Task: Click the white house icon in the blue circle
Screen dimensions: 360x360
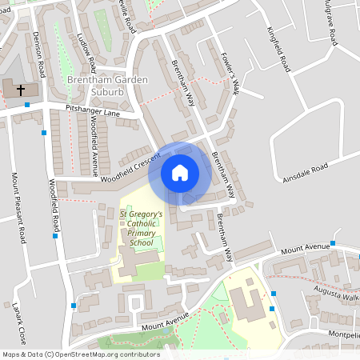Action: (180, 173)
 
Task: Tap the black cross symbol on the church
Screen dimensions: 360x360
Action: (20, 90)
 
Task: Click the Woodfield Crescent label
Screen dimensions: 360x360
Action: (126, 166)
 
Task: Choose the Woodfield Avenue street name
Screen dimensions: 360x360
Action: (94, 145)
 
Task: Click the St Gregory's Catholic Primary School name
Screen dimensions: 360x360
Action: (141, 228)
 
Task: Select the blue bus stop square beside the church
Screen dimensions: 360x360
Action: (27, 105)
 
